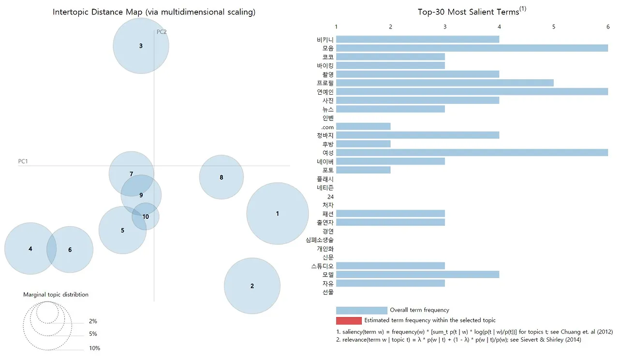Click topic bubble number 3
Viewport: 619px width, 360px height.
click(x=141, y=46)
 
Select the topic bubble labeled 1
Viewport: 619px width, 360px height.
click(x=277, y=214)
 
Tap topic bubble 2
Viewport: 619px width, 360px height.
click(x=252, y=286)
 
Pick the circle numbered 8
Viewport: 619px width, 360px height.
click(x=221, y=177)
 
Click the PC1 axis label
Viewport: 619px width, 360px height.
click(x=23, y=161)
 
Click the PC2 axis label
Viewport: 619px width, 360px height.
click(x=162, y=32)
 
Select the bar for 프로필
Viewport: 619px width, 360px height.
click(x=444, y=83)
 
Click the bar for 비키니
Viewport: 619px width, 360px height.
click(x=417, y=39)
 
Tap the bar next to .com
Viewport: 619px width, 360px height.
click(x=363, y=127)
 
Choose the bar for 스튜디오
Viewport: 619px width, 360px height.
click(x=390, y=266)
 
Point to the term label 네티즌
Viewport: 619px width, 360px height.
click(x=324, y=188)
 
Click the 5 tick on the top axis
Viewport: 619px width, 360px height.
click(x=554, y=27)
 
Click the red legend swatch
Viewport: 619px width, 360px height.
click(x=349, y=320)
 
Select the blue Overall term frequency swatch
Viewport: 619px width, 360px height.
click(x=361, y=310)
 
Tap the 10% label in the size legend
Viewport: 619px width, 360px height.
click(x=94, y=348)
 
